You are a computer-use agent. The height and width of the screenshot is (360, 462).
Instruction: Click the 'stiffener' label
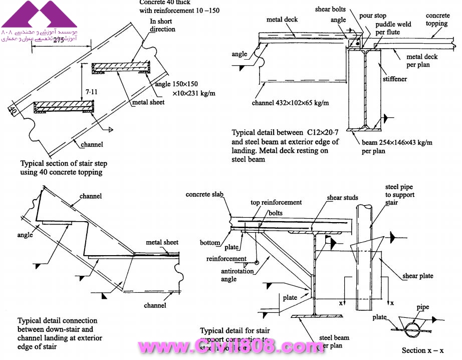(x=394, y=79)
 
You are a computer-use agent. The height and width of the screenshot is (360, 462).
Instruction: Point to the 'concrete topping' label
(x=438, y=20)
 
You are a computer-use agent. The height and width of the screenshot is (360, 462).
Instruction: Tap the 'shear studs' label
(x=343, y=198)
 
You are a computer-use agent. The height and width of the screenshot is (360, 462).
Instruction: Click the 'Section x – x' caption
(x=423, y=350)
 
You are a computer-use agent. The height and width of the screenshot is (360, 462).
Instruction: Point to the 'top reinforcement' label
(x=276, y=203)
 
